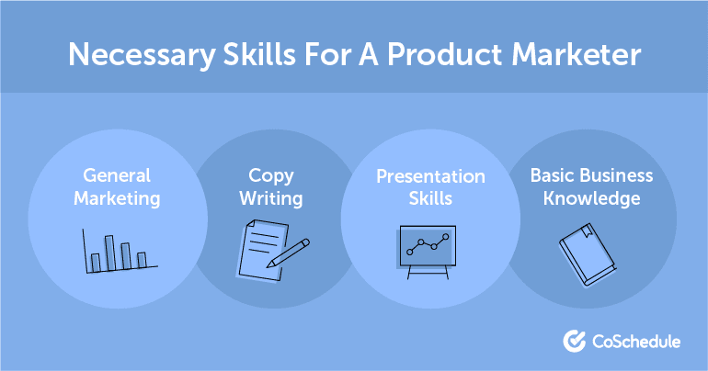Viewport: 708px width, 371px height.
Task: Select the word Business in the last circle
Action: click(x=618, y=174)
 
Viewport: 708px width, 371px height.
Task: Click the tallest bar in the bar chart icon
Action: click(x=109, y=253)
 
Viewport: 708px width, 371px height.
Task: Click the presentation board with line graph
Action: click(x=424, y=245)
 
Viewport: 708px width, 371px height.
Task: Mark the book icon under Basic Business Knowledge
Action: click(x=583, y=251)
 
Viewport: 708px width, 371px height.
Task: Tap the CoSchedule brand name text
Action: click(x=634, y=342)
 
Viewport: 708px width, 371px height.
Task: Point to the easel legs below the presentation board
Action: click(x=424, y=273)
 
